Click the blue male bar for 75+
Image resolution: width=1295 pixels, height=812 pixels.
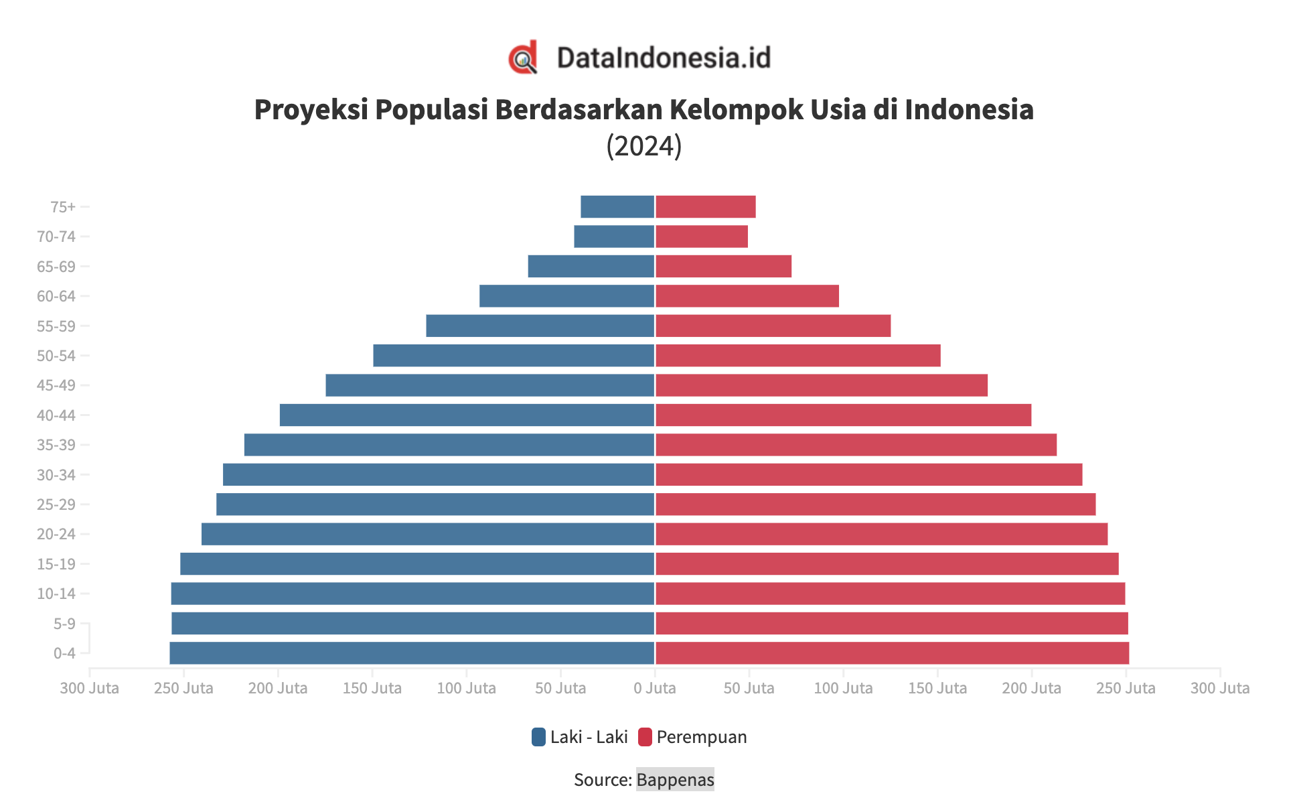617,207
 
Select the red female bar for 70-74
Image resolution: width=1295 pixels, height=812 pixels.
701,236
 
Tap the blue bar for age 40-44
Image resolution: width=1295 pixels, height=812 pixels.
467,415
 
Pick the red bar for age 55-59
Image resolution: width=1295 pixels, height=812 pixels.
773,326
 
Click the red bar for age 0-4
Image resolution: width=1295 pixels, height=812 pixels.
892,653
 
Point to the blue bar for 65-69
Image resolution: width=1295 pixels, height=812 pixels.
591,267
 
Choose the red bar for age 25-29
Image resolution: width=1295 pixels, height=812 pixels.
875,504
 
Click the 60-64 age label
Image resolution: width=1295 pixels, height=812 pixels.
56,296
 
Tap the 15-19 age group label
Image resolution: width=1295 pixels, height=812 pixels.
56,564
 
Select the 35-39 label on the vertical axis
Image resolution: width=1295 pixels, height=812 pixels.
56,445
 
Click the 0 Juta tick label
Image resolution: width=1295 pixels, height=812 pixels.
654,688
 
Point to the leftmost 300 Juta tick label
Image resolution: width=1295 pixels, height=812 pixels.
89,688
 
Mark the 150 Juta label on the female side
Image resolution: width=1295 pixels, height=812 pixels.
937,688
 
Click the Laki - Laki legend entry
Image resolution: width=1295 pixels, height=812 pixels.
580,737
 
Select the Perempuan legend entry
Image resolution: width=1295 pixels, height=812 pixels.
692,737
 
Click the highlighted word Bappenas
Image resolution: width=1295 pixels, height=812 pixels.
675,780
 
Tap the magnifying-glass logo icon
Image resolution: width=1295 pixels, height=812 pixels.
523,58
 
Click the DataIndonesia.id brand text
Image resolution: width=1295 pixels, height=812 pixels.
664,58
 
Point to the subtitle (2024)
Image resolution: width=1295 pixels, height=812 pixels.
643,145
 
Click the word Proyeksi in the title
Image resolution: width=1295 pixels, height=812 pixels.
311,110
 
